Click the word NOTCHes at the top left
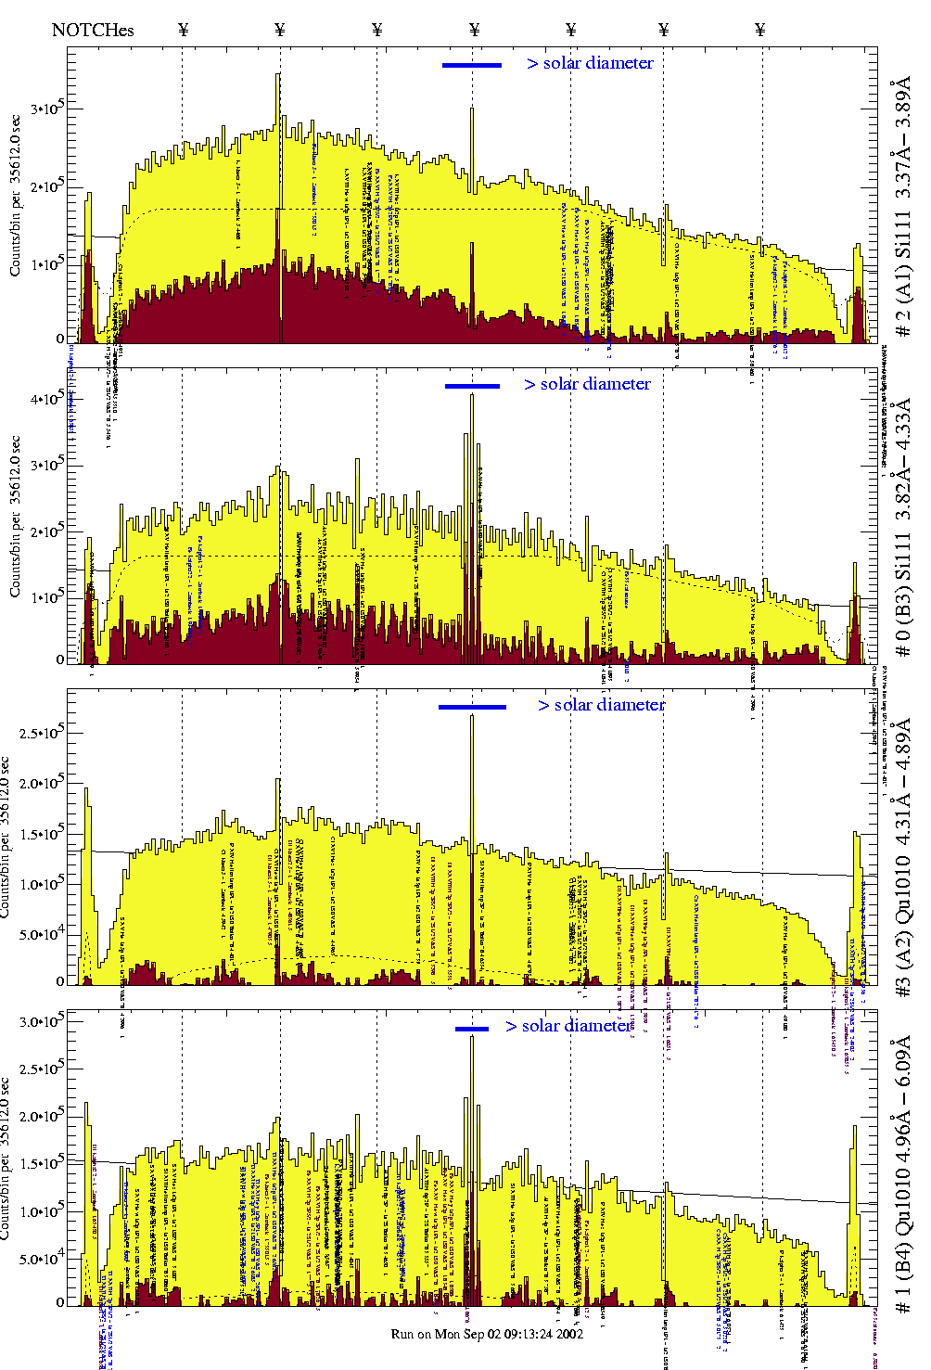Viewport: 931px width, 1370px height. pos(93,30)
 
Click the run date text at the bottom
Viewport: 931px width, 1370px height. pos(487,1334)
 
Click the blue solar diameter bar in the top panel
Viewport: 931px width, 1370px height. pos(472,65)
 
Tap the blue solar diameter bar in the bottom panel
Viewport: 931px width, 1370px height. pos(472,1029)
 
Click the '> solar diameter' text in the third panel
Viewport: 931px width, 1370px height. pos(601,705)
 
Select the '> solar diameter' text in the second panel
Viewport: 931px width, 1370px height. pos(587,384)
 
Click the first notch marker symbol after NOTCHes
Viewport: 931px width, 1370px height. pos(183,30)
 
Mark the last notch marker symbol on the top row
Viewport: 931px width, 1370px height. pos(760,30)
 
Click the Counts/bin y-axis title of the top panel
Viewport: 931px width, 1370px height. pos(16,195)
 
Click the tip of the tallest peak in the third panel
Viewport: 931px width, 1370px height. pos(472,716)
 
